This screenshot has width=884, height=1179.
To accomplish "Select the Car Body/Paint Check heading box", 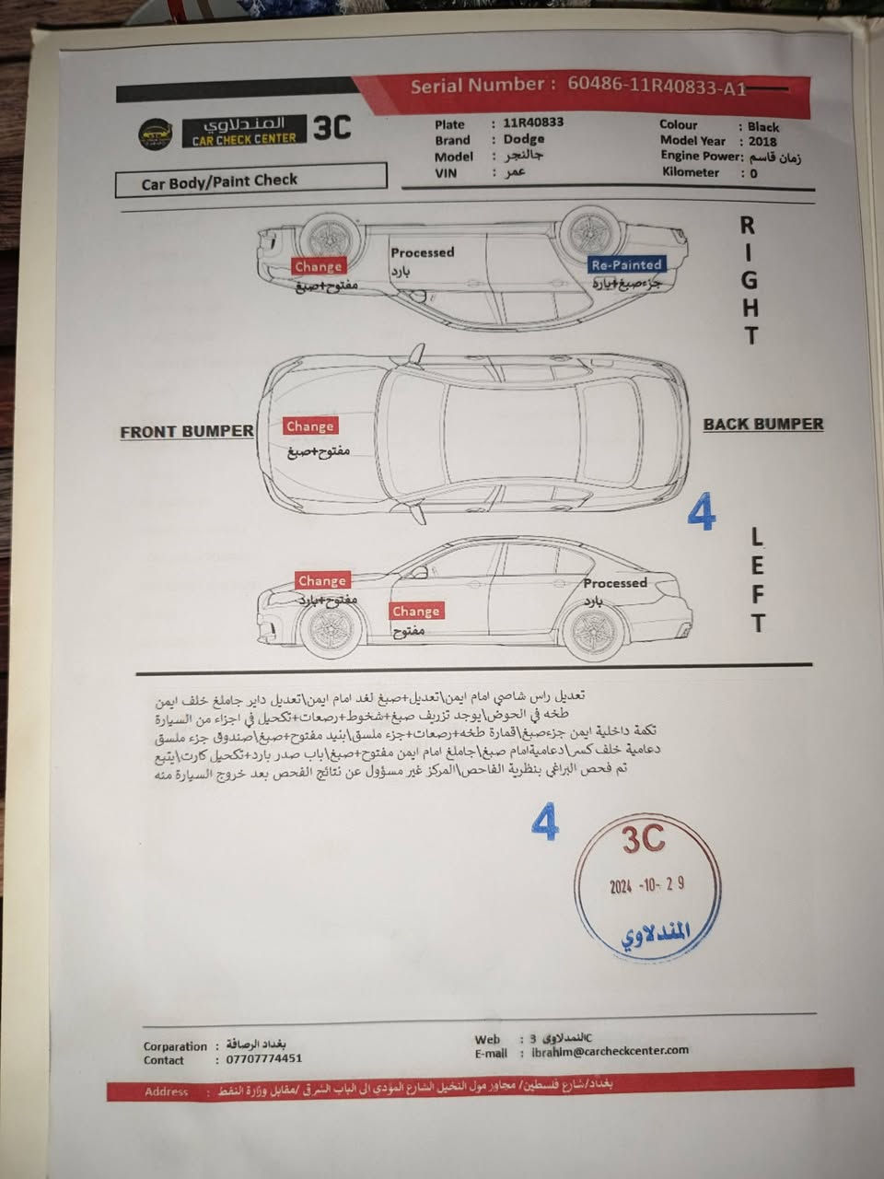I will point(250,181).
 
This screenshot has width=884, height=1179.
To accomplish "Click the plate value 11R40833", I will point(533,123).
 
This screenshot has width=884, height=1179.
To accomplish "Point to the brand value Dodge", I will point(523,139).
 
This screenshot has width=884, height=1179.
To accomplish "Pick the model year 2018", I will point(762,141).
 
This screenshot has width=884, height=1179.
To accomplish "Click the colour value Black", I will point(762,126).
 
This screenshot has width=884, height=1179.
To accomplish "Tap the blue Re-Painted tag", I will point(626,264).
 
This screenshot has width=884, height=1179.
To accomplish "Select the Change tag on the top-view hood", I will point(309,426).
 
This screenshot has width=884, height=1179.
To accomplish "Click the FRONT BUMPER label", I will point(186,431).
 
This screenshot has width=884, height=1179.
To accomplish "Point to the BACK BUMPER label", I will point(762,425).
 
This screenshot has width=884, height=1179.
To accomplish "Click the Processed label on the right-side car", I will point(422,251).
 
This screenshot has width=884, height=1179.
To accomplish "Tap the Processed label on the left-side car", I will point(614,583).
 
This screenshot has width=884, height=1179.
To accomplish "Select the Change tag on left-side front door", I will point(415,611).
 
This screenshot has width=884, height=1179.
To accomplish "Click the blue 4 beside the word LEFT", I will point(702,513).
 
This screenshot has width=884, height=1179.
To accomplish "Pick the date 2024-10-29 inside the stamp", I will point(646,885).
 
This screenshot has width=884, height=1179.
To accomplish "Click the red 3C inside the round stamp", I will point(643,839).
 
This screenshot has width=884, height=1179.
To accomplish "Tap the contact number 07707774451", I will point(264,1059).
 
